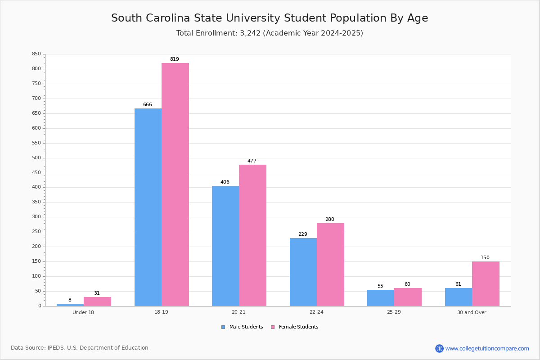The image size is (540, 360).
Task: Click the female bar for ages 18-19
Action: (x=175, y=184)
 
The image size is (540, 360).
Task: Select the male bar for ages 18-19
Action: (x=148, y=207)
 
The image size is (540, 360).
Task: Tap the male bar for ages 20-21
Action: (x=225, y=246)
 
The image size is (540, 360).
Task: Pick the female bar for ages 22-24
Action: (x=330, y=265)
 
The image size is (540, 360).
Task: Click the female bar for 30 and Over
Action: (x=486, y=283)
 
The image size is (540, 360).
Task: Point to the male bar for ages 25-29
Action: (x=381, y=298)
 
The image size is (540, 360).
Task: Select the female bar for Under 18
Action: (x=97, y=301)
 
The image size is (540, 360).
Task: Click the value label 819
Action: (x=175, y=59)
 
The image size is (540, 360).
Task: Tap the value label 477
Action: (x=252, y=161)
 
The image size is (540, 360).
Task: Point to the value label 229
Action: (x=303, y=234)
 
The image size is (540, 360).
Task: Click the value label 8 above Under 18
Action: (x=70, y=300)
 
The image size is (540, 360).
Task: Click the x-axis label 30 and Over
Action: (x=472, y=312)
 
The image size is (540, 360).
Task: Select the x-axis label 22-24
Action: (x=316, y=312)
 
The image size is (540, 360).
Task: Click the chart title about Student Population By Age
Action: (x=270, y=18)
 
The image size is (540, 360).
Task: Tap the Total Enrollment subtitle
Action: (x=270, y=33)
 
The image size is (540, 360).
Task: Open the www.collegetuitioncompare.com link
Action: (x=487, y=348)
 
